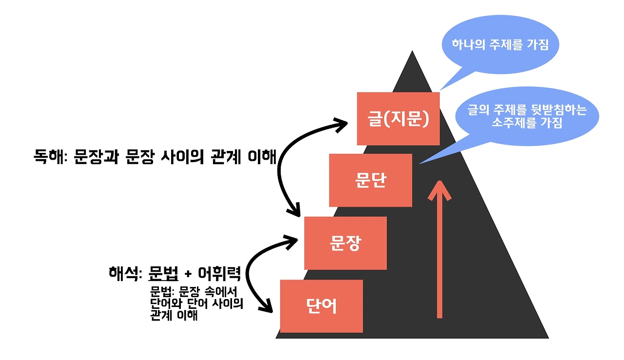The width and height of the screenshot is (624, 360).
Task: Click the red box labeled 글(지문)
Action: pyautogui.click(x=398, y=118)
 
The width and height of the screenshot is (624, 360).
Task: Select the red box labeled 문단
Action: pyautogui.click(x=370, y=180)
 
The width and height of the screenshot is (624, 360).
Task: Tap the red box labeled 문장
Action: pyautogui.click(x=345, y=243)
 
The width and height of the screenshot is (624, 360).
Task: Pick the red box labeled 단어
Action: pyautogui.click(x=321, y=306)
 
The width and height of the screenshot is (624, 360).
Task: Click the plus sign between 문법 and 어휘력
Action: pyautogui.click(x=188, y=274)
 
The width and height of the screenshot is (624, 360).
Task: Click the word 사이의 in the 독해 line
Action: pyautogui.click(x=180, y=157)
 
